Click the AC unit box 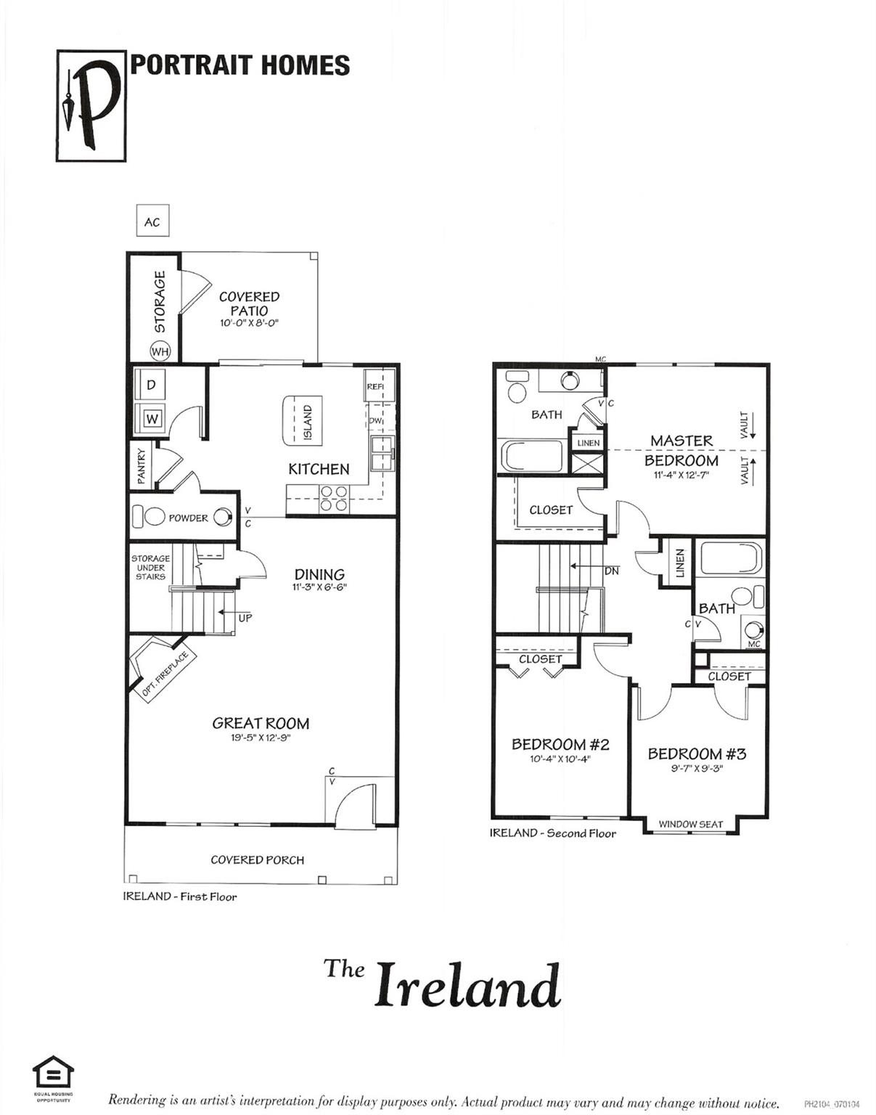pyautogui.click(x=152, y=221)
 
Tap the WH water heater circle pyautogui.click(x=160, y=351)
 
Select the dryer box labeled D pyautogui.click(x=151, y=385)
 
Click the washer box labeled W pyautogui.click(x=152, y=419)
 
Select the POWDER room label pyautogui.click(x=188, y=518)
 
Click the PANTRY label pyautogui.click(x=142, y=466)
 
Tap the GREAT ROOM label pyautogui.click(x=261, y=723)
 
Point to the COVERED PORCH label pyautogui.click(x=257, y=860)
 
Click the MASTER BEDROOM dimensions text pyautogui.click(x=681, y=475)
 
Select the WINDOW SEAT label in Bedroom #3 pyautogui.click(x=690, y=824)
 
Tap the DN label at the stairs pyautogui.click(x=612, y=571)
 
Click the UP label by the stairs pyautogui.click(x=245, y=618)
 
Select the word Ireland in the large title pyautogui.click(x=467, y=984)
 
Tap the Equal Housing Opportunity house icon pyautogui.click(x=53, y=1072)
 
